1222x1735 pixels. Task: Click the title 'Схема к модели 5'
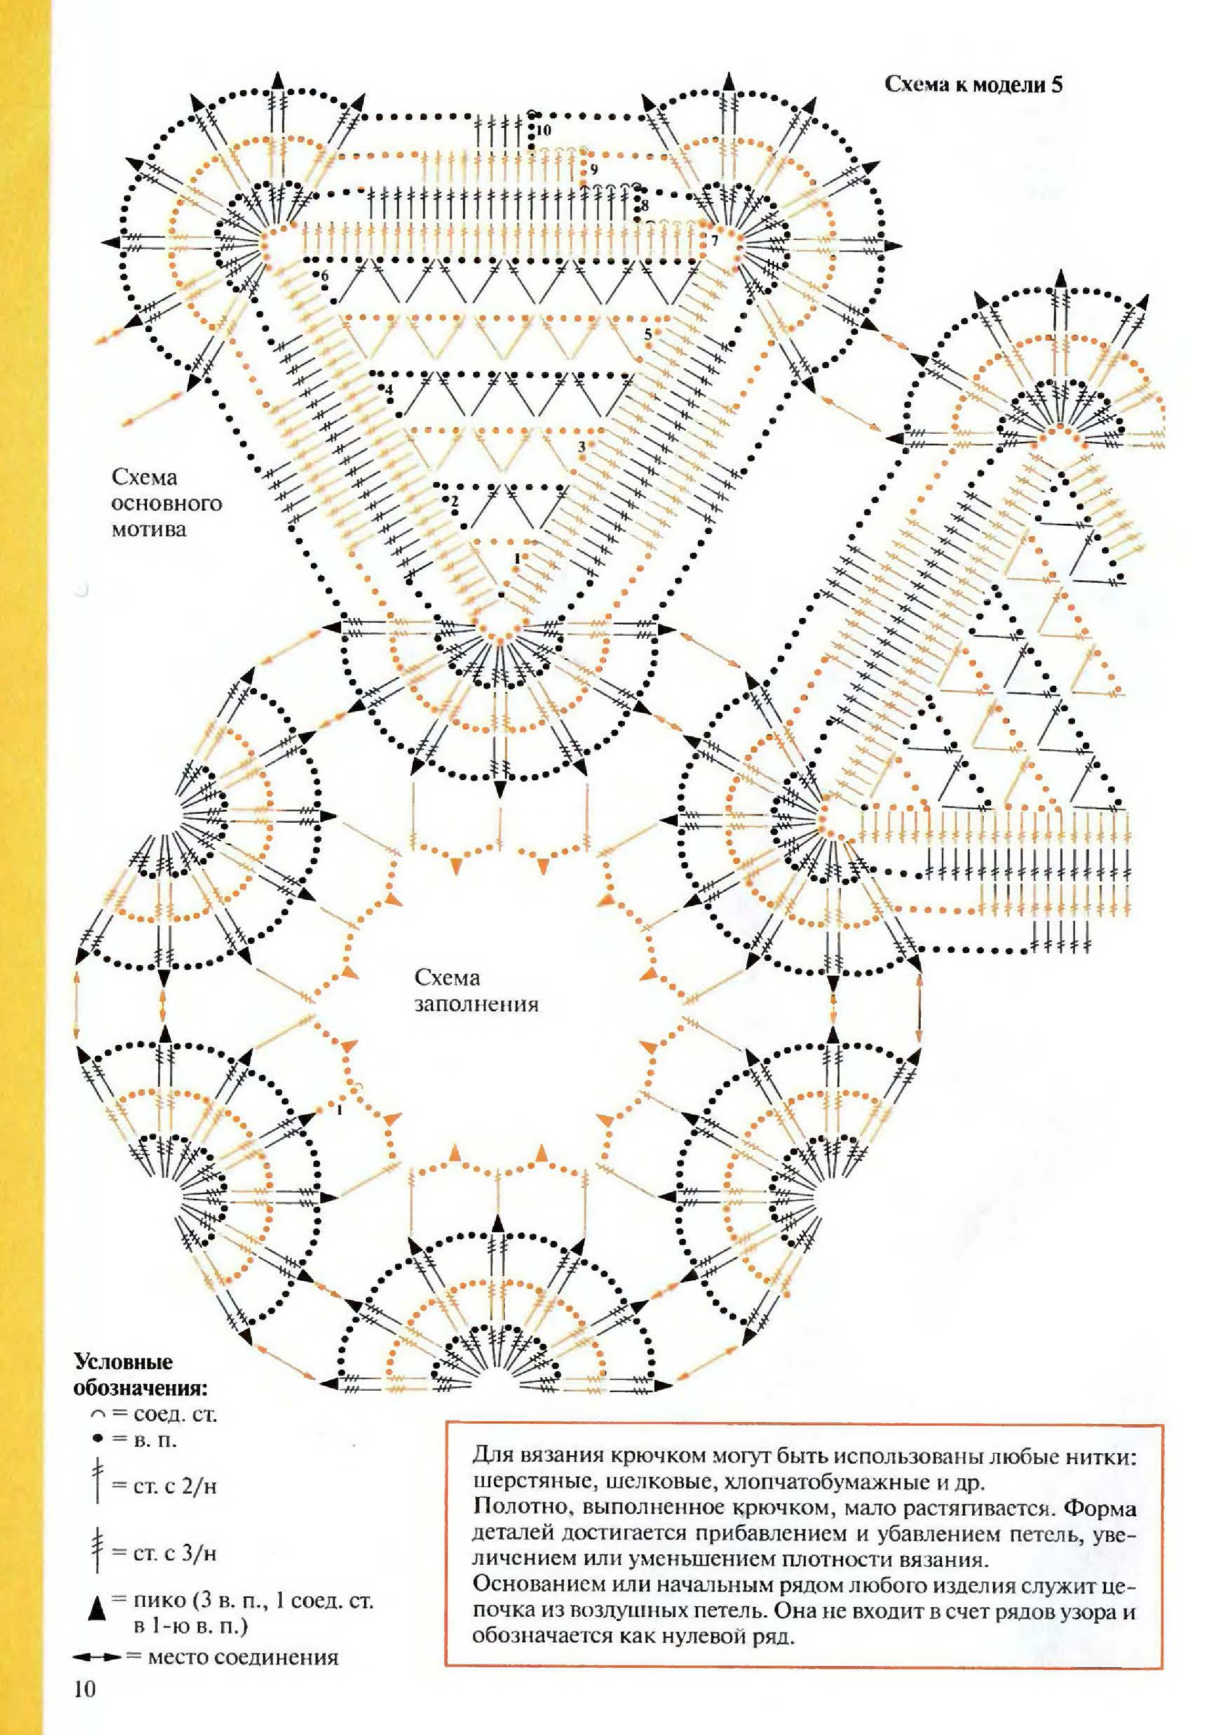click(973, 84)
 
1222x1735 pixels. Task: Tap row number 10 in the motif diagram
click(544, 130)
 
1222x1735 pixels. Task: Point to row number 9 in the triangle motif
click(594, 169)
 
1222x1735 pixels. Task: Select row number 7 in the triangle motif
click(714, 241)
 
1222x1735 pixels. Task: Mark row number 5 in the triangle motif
click(648, 333)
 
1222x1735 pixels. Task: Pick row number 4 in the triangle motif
click(389, 391)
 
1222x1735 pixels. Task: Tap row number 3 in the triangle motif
click(581, 446)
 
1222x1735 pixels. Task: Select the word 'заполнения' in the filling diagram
click(477, 1005)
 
